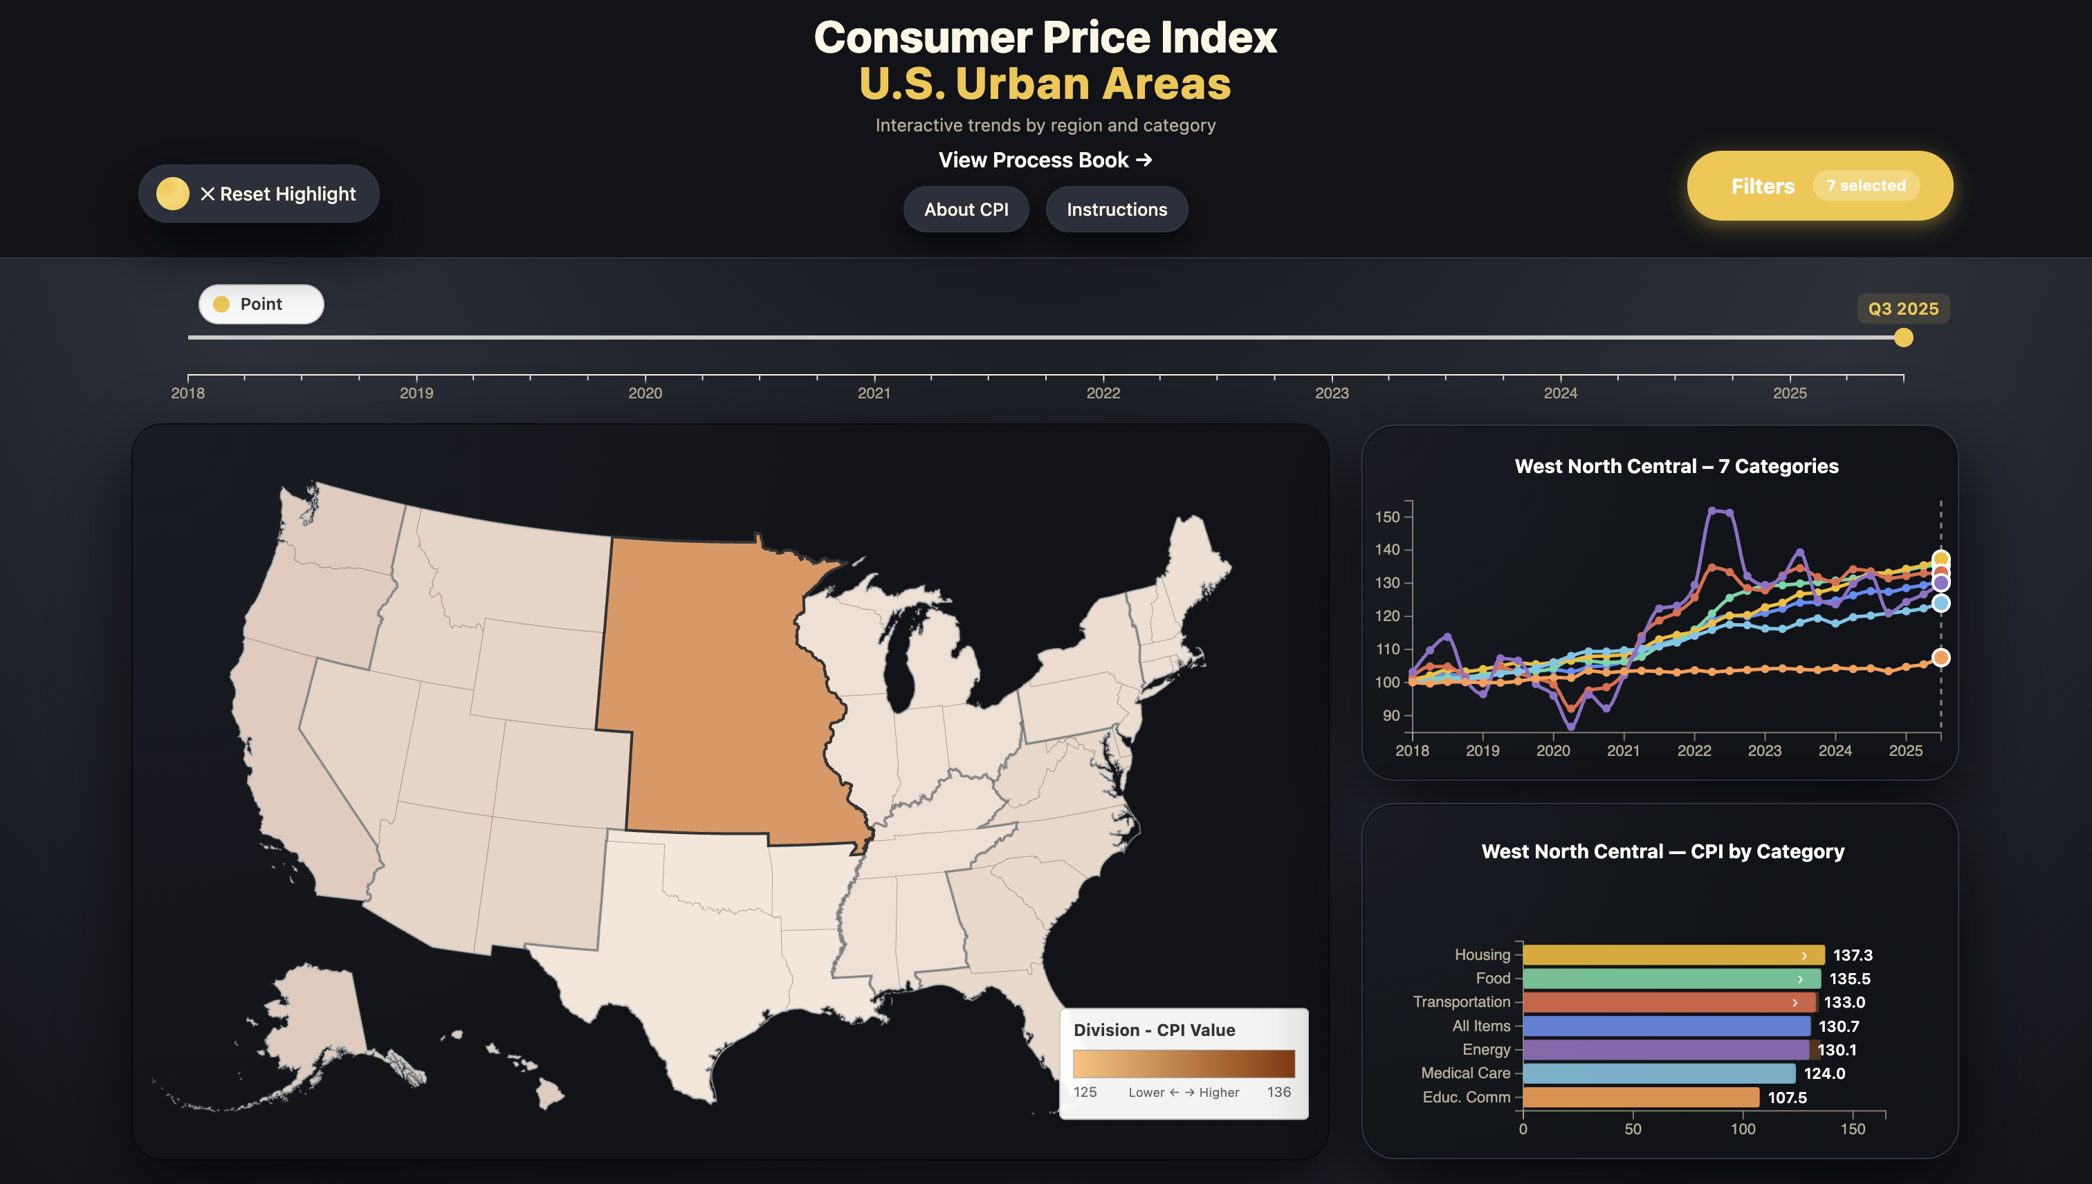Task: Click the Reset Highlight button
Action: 259,194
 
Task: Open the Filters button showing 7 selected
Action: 1819,185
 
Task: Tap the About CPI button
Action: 966,209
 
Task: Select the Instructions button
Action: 1116,209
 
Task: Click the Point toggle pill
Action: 260,304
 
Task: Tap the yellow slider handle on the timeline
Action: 1903,337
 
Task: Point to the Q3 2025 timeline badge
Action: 1902,309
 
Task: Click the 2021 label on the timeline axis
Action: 874,394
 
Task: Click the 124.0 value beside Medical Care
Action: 1824,1073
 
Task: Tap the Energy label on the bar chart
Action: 1485,1050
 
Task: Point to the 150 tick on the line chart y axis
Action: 1387,517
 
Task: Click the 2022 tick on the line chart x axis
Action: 1694,750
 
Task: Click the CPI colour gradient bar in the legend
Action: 1184,1064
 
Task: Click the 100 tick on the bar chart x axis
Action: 1742,1129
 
